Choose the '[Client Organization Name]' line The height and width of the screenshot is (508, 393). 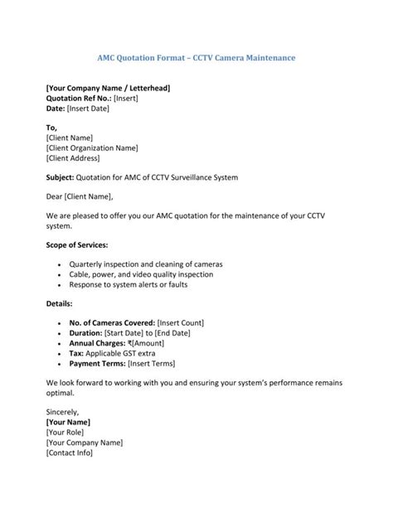coord(92,148)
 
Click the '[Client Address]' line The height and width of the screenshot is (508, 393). coord(73,158)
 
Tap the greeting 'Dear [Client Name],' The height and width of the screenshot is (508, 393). coord(79,196)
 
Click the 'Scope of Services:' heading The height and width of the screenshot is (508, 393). coord(77,245)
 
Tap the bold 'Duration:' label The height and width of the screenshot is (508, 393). coord(87,332)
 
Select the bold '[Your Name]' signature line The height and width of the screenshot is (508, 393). coord(69,422)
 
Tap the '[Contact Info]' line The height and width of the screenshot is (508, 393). coord(70,452)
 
